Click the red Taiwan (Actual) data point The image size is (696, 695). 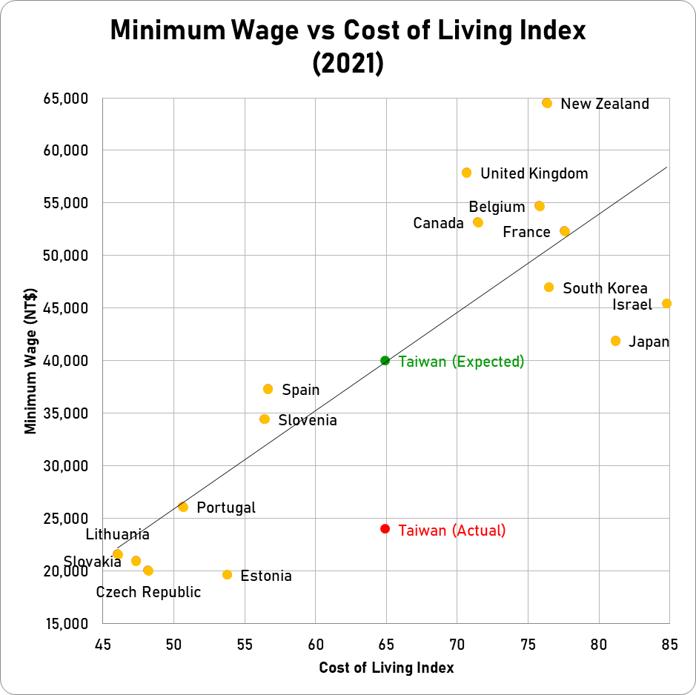385,529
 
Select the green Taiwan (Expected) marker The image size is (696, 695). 385,361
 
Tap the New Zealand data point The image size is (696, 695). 547,103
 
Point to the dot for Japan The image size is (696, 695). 615,341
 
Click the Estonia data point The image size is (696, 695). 227,575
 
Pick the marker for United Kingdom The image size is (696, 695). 466,173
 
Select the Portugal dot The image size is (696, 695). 183,507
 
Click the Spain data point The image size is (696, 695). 268,389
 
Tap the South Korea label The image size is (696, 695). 605,288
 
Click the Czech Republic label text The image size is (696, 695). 148,592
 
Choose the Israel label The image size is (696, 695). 632,305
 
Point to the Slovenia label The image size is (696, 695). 308,420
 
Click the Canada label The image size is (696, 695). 438,223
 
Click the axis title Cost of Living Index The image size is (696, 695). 386,668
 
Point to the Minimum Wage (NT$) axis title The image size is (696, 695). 31,361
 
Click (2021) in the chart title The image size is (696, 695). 348,64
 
